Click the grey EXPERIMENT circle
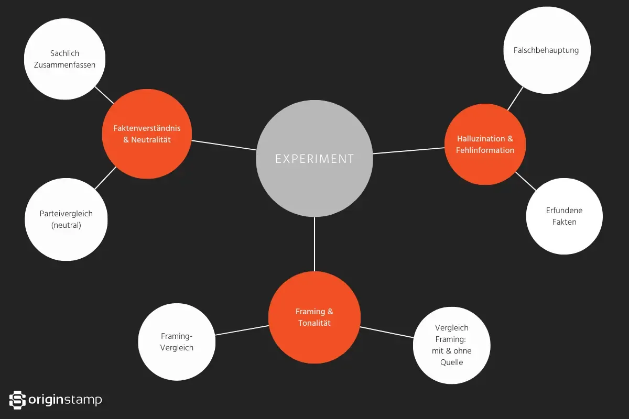tap(314, 158)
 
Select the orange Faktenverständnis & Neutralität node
tap(147, 134)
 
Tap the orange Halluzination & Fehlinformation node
tap(485, 145)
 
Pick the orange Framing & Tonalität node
tap(314, 317)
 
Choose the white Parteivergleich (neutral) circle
tap(66, 219)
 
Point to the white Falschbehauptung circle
tap(546, 50)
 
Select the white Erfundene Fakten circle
tap(564, 216)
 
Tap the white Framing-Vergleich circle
tap(177, 343)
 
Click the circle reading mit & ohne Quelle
tap(451, 345)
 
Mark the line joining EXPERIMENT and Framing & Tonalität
tap(314, 244)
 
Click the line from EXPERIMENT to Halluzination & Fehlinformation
tap(409, 151)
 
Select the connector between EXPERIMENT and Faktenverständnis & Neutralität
tap(224, 145)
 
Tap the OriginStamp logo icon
tap(18, 400)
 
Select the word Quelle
tap(451, 362)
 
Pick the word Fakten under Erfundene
tap(564, 222)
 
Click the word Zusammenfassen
tap(64, 65)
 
